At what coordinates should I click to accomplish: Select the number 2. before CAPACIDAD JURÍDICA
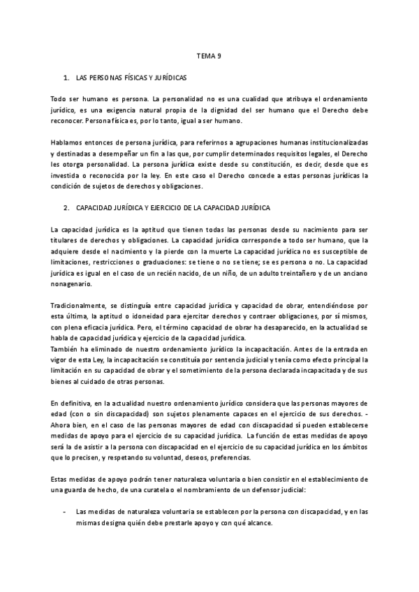tap(66, 208)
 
